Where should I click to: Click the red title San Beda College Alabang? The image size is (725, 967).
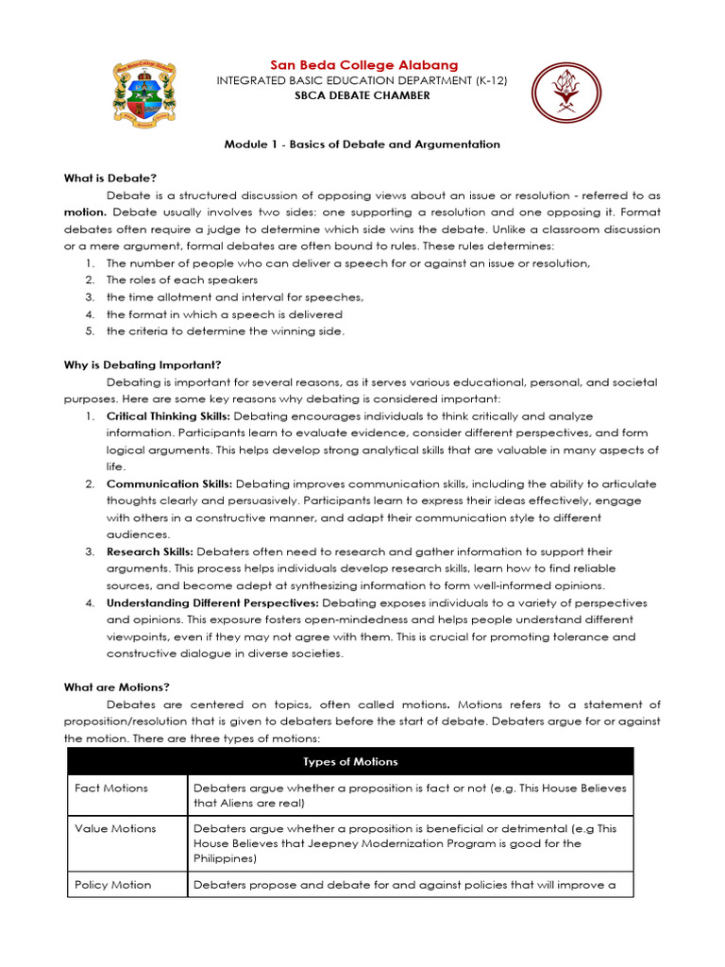click(x=363, y=64)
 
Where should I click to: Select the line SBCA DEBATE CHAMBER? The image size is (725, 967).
click(x=362, y=96)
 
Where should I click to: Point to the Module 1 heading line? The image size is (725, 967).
click(x=362, y=144)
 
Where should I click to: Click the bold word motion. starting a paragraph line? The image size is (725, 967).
click(x=84, y=212)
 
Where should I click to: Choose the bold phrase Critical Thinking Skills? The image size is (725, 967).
click(x=168, y=416)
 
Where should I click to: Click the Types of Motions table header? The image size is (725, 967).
click(x=350, y=761)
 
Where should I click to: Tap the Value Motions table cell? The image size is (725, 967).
click(x=115, y=828)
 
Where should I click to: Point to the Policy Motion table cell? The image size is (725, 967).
click(x=112, y=885)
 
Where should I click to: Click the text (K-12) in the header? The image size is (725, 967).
click(x=488, y=81)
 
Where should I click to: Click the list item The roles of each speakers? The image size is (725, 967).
click(x=182, y=280)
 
